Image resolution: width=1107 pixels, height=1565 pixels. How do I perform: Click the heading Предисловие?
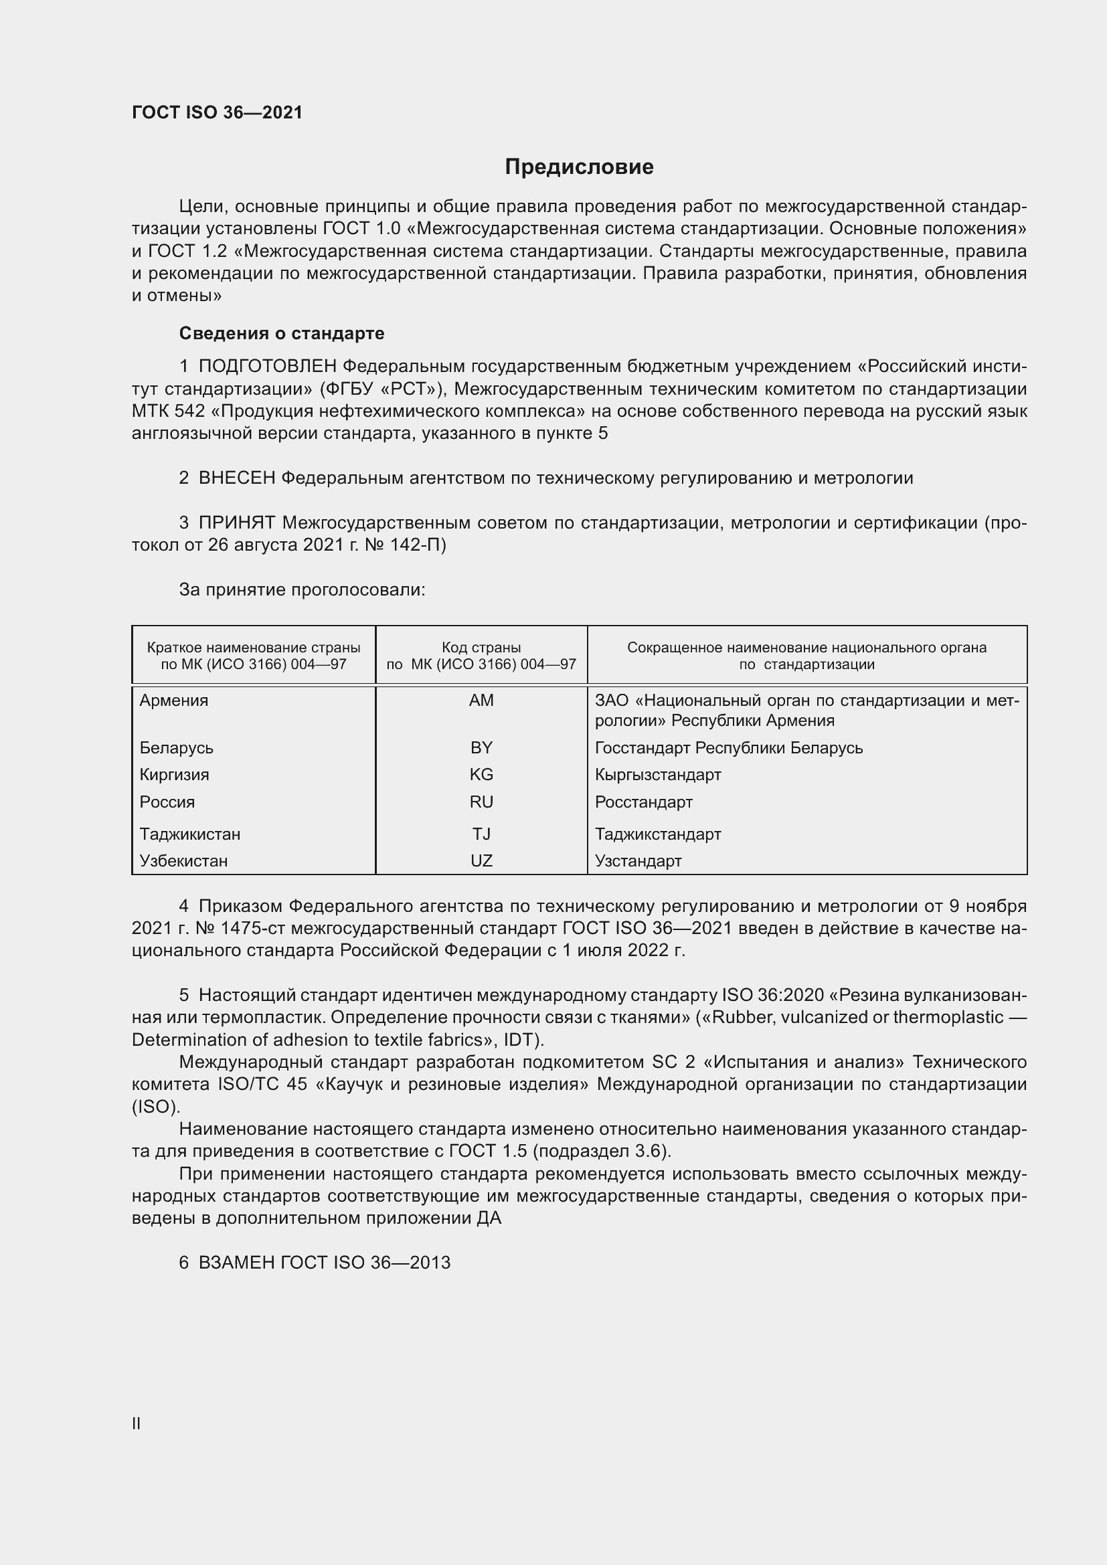point(579,167)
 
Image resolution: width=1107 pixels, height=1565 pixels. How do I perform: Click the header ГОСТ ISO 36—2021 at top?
point(217,112)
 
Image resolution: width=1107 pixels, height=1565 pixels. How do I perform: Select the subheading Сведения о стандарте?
point(282,333)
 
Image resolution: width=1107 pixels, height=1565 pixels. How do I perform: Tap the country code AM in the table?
point(481,700)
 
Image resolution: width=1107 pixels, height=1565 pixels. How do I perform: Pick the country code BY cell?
point(481,748)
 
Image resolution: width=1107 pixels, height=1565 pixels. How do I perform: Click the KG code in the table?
point(481,774)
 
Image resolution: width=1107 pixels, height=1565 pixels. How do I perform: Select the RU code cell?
point(481,802)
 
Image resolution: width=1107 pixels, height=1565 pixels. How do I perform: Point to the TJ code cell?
point(481,834)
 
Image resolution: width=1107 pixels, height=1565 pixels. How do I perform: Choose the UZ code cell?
point(481,860)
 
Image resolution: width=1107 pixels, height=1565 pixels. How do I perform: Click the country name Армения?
point(174,700)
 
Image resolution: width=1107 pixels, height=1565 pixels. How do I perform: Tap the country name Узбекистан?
point(183,860)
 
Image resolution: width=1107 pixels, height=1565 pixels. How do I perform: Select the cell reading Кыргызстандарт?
point(658,774)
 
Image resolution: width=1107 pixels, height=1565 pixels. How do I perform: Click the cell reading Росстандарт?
point(643,802)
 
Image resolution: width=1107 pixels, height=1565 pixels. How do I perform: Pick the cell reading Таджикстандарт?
point(658,834)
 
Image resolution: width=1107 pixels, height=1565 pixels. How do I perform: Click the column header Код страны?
point(481,648)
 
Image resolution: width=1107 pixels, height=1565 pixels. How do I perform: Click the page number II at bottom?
point(137,1423)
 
